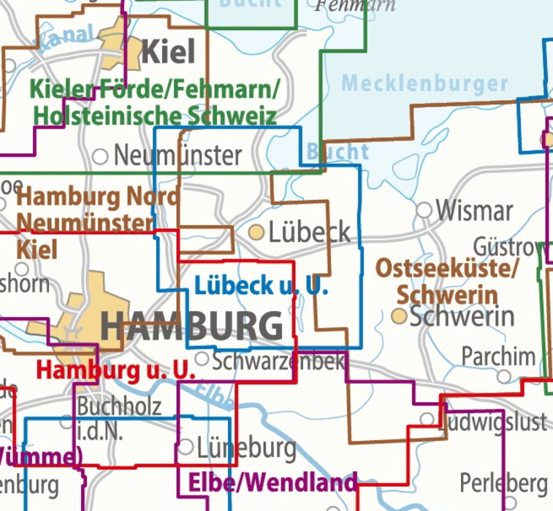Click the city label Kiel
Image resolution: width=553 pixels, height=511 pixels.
click(x=168, y=52)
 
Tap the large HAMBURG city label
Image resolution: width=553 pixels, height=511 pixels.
click(x=191, y=326)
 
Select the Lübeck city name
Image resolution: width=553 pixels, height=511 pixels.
click(x=310, y=233)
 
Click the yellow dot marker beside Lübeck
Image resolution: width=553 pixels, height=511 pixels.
click(x=256, y=233)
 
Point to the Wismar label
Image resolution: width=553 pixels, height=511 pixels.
click(x=474, y=211)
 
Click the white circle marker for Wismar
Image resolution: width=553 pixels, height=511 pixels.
click(x=424, y=210)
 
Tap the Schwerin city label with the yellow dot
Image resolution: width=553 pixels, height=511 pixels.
click(x=462, y=316)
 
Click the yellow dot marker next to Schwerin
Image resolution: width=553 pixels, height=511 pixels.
click(x=399, y=316)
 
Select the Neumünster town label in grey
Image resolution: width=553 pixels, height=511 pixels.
click(x=178, y=155)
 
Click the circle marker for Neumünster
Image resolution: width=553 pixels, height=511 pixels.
click(x=101, y=155)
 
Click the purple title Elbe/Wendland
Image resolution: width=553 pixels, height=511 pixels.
click(x=272, y=482)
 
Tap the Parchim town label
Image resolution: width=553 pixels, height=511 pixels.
click(x=498, y=356)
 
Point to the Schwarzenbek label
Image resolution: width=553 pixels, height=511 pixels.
click(x=278, y=360)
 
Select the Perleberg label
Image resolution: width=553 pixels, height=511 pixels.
click(x=503, y=483)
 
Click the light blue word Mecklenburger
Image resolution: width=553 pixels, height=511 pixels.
click(x=424, y=82)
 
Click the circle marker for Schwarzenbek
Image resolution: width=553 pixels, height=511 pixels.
click(x=202, y=358)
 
